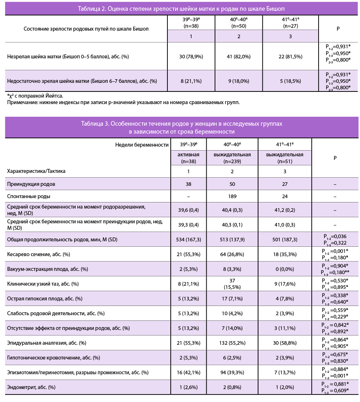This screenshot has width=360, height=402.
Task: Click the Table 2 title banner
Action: [181, 9]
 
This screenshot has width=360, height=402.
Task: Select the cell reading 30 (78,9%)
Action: [191, 57]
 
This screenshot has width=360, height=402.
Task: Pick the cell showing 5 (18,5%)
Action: [290, 81]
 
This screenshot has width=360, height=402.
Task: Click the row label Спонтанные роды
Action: [29, 196]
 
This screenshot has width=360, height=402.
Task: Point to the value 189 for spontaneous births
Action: [232, 196]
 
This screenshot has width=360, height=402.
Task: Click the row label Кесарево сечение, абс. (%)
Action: [39, 254]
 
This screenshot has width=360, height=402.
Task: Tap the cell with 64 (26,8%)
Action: [232, 254]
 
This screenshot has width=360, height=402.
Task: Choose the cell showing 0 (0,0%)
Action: [285, 269]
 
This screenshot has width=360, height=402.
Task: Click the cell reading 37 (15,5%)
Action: [232, 284]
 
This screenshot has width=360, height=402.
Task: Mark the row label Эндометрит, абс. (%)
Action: [31, 387]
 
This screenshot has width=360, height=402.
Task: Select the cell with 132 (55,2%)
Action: [232, 343]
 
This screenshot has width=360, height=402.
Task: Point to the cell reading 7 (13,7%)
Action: [285, 372]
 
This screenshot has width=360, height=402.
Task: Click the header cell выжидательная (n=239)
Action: [232, 158]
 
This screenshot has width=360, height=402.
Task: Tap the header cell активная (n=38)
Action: [188, 158]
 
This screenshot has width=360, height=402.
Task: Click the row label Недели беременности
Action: [142, 145]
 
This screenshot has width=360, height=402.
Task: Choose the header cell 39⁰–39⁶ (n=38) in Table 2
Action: [191, 23]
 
